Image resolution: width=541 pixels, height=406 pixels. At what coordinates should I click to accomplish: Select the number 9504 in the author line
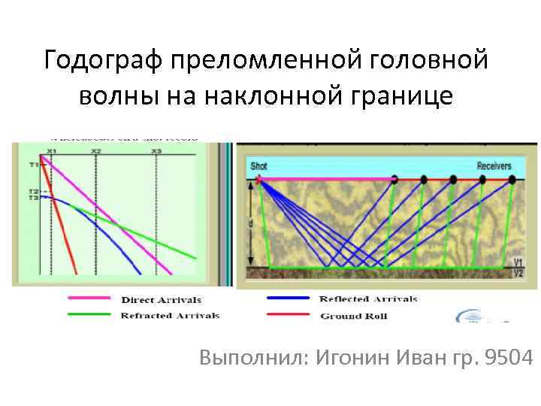(x=510, y=358)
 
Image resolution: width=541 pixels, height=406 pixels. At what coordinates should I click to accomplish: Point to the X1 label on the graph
(x=51, y=152)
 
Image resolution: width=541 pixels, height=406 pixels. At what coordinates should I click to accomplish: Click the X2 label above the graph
(x=96, y=152)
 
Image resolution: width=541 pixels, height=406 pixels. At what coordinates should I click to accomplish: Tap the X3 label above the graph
(x=156, y=152)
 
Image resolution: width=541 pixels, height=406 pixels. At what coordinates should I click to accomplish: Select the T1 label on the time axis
(x=34, y=164)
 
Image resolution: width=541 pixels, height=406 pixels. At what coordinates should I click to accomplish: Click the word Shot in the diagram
(x=258, y=166)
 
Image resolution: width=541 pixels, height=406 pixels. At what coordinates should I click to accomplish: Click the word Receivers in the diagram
(x=494, y=166)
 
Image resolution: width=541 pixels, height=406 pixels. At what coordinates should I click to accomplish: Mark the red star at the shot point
(x=259, y=180)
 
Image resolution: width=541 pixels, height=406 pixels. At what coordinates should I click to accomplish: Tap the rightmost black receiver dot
(x=512, y=180)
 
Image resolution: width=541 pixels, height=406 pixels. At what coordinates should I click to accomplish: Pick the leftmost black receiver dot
(x=394, y=180)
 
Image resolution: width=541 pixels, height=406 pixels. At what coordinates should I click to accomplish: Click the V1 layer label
(x=517, y=262)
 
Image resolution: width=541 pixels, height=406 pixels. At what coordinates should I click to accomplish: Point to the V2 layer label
(x=517, y=273)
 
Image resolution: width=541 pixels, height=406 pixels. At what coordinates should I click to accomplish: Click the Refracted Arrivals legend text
(x=170, y=316)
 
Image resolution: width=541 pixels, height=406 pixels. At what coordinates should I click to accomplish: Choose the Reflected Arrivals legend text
(x=368, y=299)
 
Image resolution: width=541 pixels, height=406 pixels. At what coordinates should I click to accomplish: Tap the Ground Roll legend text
(x=353, y=316)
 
